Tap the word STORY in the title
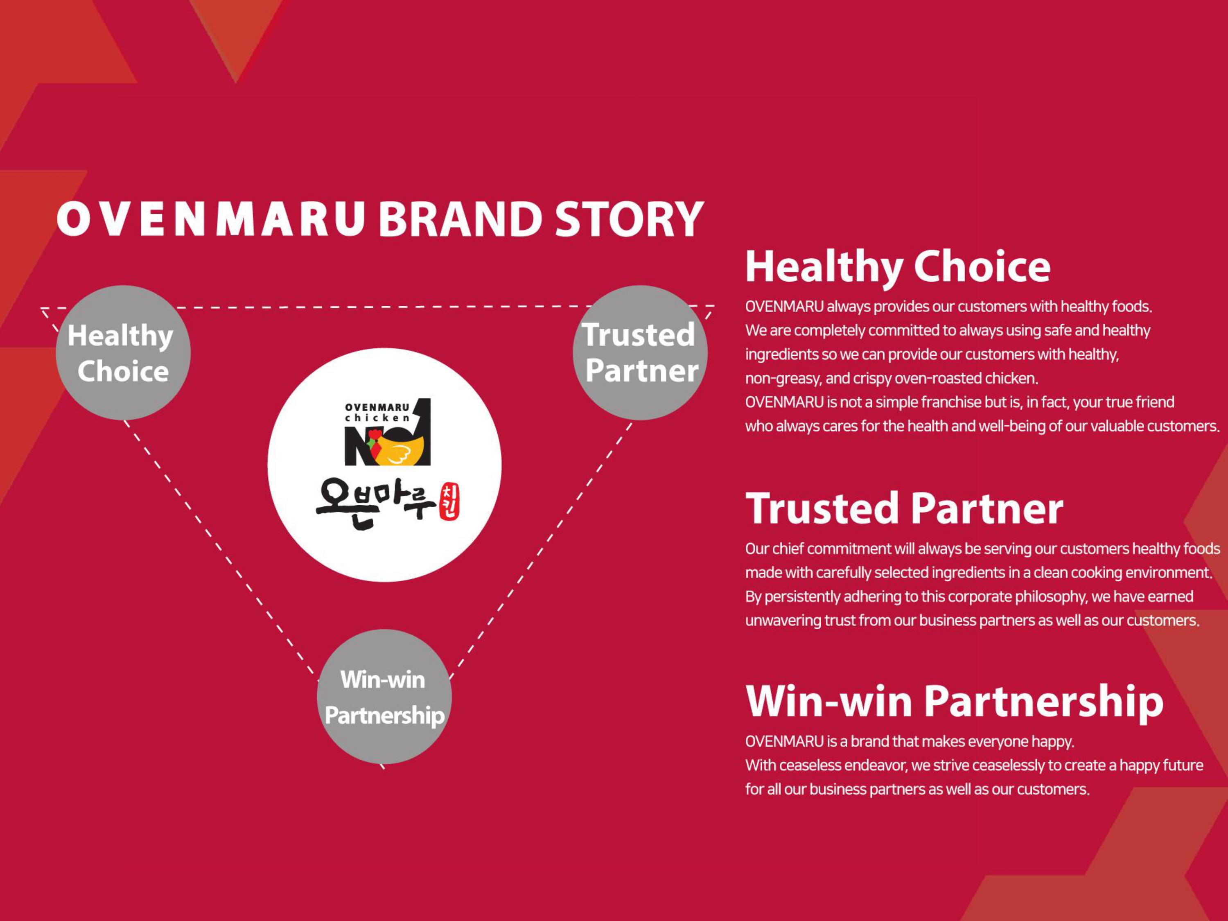click(630, 219)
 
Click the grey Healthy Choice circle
click(123, 352)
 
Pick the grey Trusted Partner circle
click(640, 352)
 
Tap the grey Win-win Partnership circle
click(384, 696)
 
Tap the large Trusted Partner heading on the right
click(904, 508)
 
